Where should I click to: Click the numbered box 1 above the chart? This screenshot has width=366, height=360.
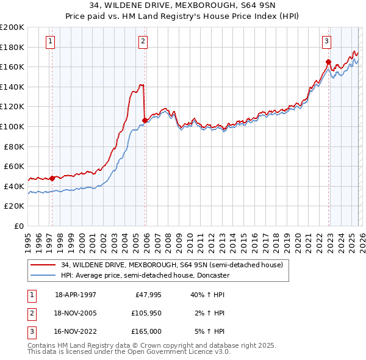pos(49,41)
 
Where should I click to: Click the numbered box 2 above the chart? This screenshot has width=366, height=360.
pos(142,41)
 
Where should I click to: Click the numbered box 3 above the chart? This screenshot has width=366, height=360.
pos(326,41)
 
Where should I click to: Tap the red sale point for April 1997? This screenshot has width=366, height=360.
pos(52,178)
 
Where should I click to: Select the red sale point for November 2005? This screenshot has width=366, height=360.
pos(145,120)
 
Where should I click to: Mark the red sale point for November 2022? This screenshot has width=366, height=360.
pos(328,62)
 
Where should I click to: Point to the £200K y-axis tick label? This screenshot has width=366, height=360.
pos(12,27)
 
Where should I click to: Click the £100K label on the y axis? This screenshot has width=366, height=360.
pos(12,126)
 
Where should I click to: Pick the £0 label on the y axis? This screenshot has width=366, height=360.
pos(18,226)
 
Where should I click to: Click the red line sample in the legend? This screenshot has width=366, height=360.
pos(44,265)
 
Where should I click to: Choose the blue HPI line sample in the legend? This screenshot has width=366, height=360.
pos(44,276)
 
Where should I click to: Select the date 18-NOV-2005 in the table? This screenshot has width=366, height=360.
pos(76,313)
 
